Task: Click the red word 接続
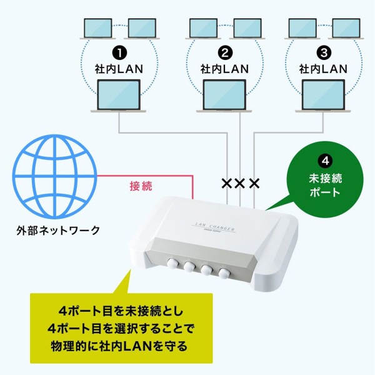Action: [x=141, y=186]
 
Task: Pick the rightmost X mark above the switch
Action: [x=254, y=184]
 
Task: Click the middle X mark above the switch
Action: [x=239, y=184]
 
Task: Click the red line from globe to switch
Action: [x=156, y=176]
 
